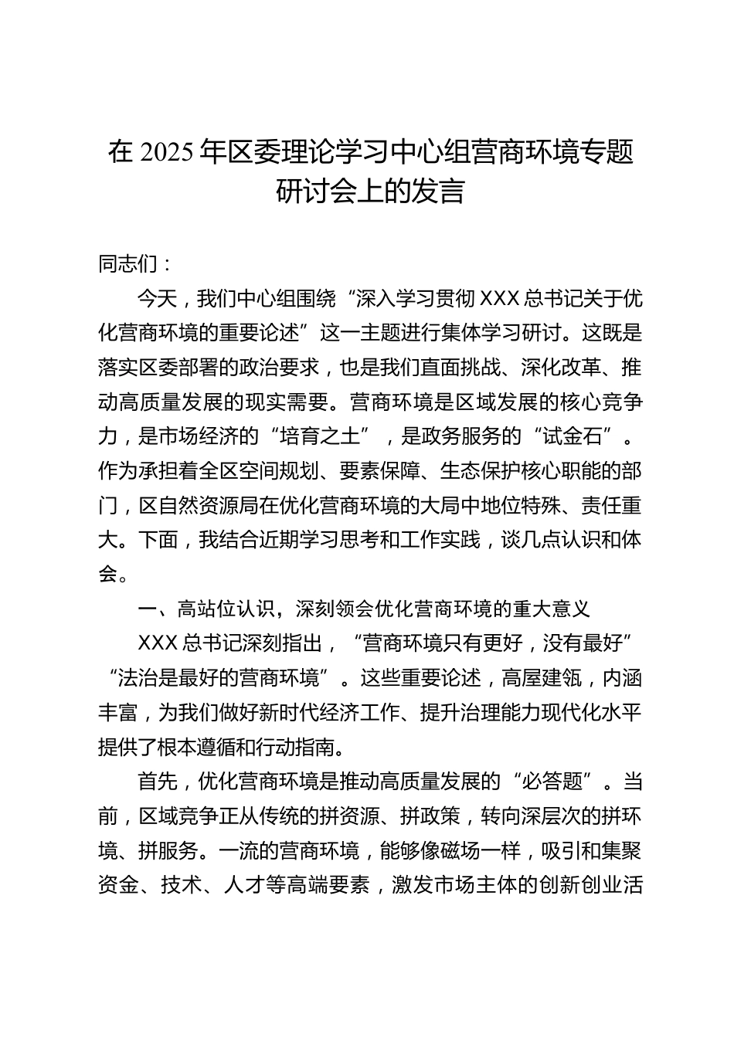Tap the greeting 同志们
point(128,264)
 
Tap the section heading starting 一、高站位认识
point(363,609)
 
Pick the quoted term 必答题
point(552,782)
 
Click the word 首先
point(158,782)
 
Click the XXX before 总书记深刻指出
point(158,643)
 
